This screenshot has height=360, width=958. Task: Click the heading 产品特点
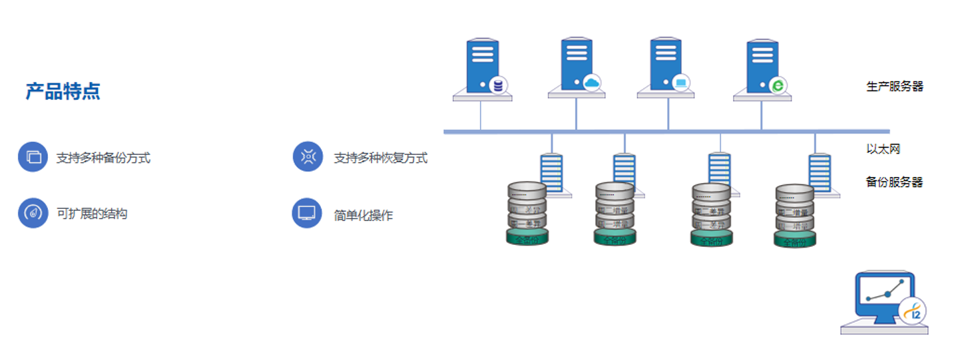tap(63, 91)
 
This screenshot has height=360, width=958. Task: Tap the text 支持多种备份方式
tap(103, 158)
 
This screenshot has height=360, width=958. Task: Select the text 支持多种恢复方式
tap(380, 158)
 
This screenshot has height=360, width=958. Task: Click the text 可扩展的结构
tap(92, 214)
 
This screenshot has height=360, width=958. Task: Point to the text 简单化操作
tap(363, 215)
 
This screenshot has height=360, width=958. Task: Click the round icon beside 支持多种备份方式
tap(33, 158)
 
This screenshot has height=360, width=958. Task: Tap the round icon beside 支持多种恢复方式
tap(308, 157)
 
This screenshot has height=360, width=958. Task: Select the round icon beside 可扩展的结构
tap(33, 213)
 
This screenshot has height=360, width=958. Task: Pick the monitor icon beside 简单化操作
tap(307, 213)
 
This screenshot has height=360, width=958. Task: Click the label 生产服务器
tap(894, 87)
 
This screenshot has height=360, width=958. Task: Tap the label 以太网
tap(883, 149)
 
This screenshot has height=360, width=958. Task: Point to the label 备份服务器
tap(894, 182)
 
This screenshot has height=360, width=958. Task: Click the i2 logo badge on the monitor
tap(912, 311)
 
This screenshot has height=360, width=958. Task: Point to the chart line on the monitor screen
tap(885, 293)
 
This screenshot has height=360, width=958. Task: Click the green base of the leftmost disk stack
tap(527, 238)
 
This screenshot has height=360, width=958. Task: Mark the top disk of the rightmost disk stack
tap(794, 194)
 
